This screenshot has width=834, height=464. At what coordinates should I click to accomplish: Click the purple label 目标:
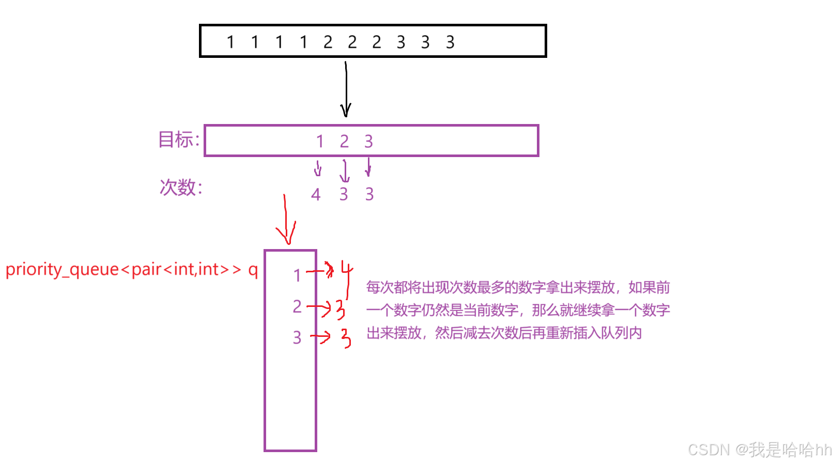[x=178, y=140]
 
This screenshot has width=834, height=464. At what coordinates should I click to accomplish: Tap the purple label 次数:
[x=180, y=187]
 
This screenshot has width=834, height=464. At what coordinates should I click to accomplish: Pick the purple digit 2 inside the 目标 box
[x=344, y=141]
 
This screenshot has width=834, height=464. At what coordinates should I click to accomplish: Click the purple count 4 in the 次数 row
[x=316, y=195]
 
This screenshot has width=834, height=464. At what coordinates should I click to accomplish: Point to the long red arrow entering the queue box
[x=285, y=219]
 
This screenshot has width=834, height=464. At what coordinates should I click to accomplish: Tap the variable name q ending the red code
[x=253, y=270]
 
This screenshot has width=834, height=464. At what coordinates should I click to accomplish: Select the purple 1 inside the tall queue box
[x=297, y=275]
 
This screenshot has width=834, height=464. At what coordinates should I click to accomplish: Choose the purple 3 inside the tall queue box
[x=297, y=337]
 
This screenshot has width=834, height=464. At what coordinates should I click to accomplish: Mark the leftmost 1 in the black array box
[x=230, y=42]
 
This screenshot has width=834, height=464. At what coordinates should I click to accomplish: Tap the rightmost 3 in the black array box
[x=450, y=42]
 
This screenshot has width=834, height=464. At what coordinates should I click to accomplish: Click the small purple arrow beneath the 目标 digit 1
[x=318, y=168]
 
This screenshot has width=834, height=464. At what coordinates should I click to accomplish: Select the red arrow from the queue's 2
[x=319, y=308]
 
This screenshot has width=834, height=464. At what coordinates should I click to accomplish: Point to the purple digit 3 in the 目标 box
[x=368, y=141]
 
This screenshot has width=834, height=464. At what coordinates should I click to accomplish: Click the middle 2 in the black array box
[x=352, y=42]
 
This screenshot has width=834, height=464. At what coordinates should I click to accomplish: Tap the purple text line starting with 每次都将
[x=518, y=287]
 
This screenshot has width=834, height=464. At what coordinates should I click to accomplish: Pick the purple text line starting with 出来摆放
[x=504, y=333]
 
